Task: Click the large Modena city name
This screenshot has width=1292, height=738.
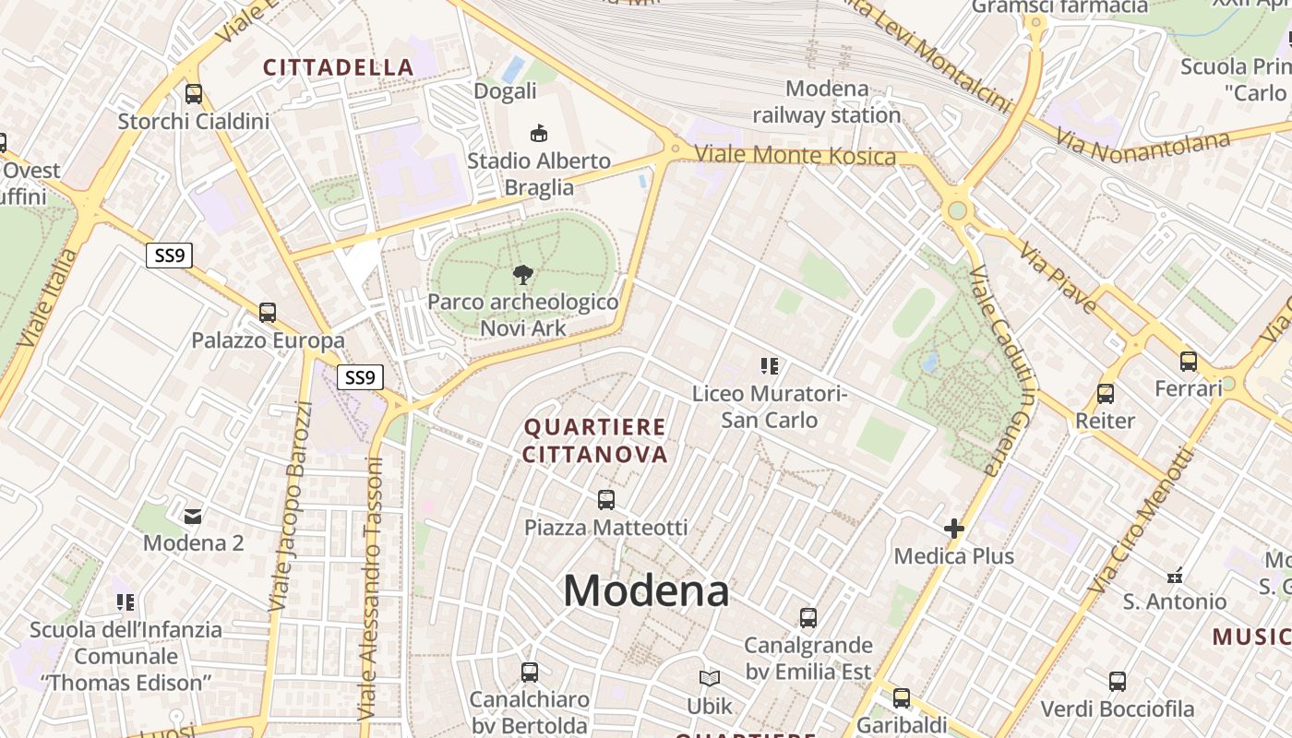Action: pos(646,590)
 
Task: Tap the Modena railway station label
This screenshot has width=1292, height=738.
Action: pos(826,101)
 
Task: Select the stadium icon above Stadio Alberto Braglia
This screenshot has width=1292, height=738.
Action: pos(539,134)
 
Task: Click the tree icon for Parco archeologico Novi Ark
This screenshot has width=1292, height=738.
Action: pos(523,274)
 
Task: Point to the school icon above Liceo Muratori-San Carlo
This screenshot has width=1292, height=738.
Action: pos(770,366)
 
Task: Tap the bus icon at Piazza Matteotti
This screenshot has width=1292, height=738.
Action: pos(606,500)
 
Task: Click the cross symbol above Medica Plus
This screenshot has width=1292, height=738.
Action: pos(954,529)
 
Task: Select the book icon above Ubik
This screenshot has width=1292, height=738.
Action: pos(710,679)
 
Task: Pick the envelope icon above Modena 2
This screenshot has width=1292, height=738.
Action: pos(193,516)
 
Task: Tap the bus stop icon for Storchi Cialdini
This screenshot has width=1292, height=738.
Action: pos(194,93)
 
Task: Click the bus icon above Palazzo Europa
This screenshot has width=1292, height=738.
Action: pos(268,313)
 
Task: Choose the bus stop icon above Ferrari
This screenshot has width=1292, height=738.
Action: pos(1189,361)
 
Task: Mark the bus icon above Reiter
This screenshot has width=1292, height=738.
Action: pos(1106,394)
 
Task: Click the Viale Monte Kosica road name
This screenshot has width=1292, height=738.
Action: pos(795,155)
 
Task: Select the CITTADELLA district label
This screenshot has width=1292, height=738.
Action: pos(339,67)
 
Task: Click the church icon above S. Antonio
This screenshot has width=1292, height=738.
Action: pos(1175,576)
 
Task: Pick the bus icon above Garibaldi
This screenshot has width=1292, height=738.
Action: pos(902,698)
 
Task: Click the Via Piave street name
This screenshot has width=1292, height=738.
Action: pos(1059,278)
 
